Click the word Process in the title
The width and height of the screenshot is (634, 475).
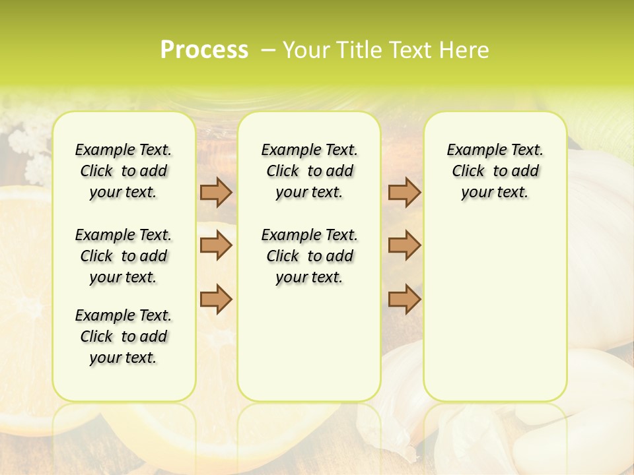[204, 50]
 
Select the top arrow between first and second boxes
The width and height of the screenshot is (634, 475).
[216, 193]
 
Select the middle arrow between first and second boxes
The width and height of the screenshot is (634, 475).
[216, 245]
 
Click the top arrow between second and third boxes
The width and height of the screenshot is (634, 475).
[404, 193]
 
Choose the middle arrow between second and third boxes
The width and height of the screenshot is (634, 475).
[404, 245]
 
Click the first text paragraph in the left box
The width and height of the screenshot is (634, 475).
[123, 171]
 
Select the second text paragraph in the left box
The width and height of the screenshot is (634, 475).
[123, 256]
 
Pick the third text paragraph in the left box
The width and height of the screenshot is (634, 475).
[123, 336]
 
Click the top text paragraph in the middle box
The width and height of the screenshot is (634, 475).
[309, 171]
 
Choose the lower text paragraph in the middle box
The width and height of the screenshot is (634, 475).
[309, 256]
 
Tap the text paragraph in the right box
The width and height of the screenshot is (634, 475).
[495, 171]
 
